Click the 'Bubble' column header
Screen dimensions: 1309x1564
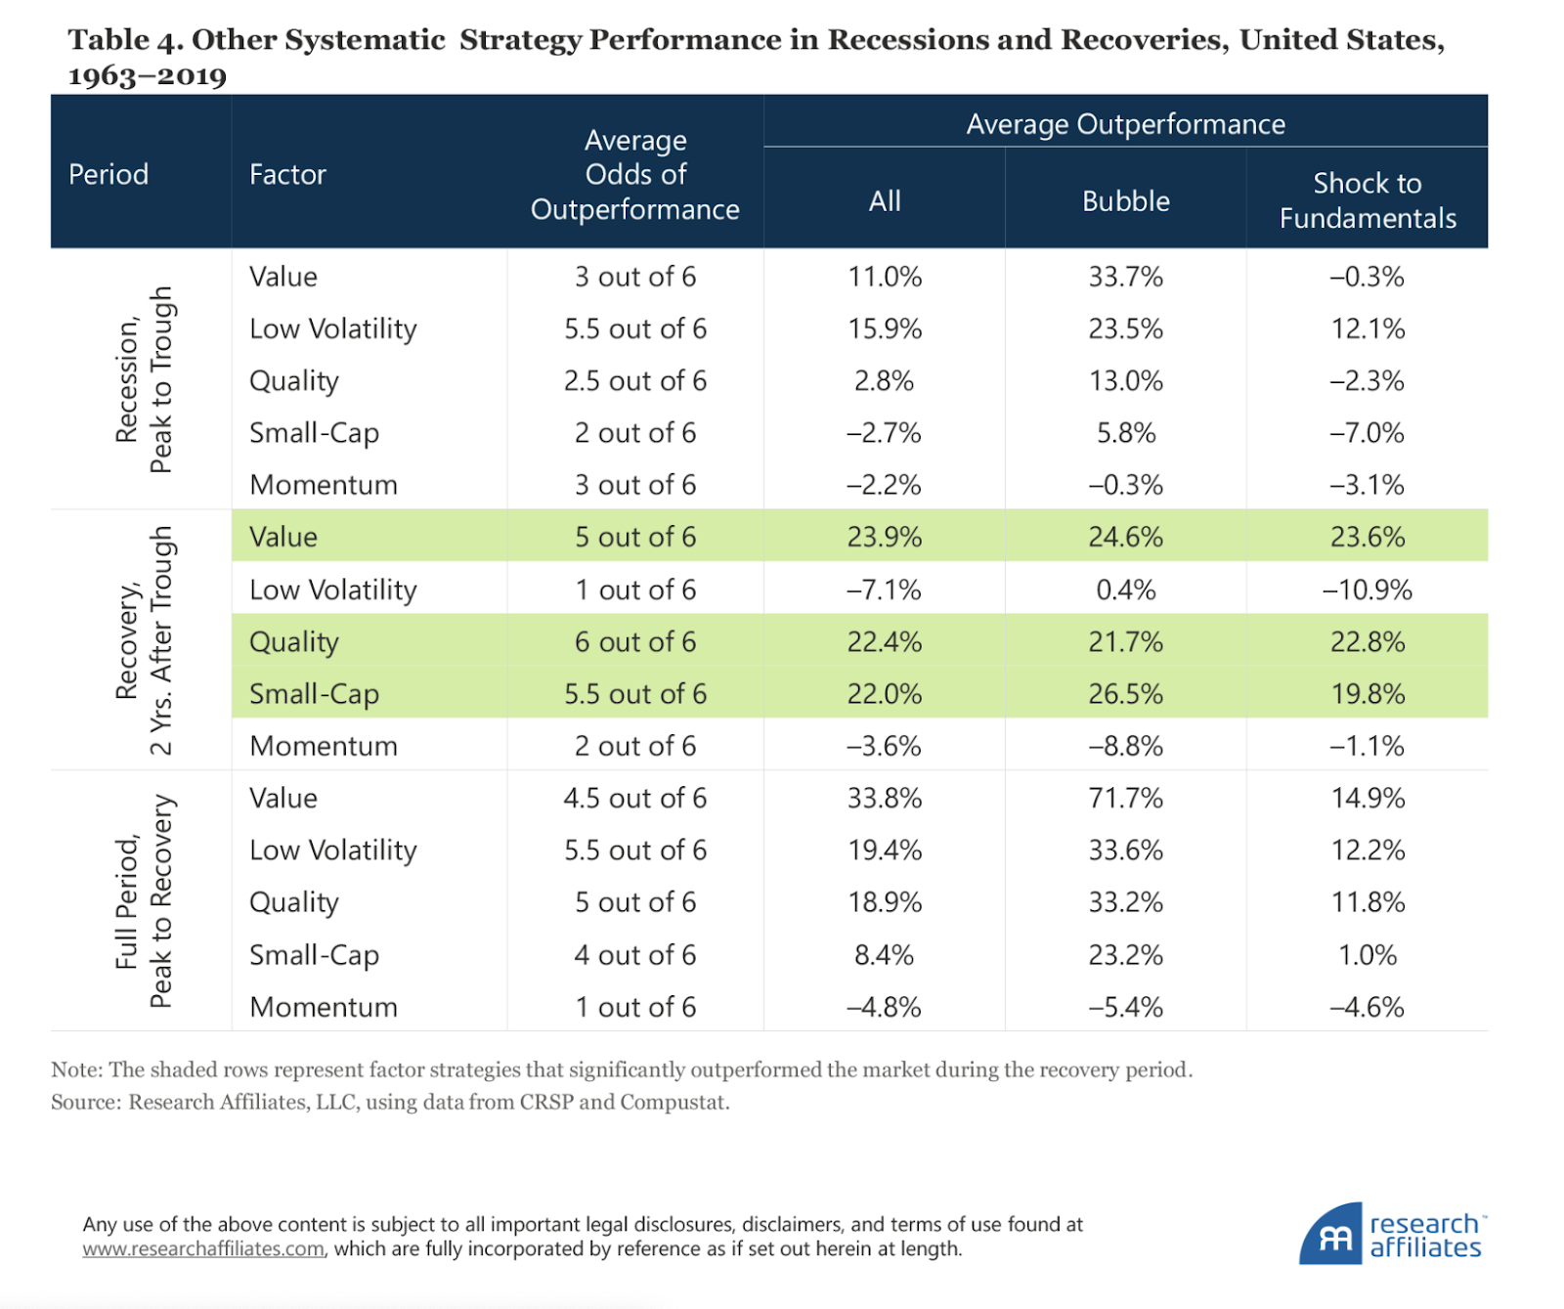1125,200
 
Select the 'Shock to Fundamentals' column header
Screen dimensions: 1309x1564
1367,200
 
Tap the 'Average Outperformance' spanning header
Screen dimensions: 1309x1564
1125,124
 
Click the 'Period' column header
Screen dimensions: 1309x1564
109,174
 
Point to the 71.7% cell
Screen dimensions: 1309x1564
1125,798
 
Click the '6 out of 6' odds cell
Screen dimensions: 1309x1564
635,641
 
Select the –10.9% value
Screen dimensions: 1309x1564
1367,589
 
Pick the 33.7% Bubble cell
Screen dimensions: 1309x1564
1125,277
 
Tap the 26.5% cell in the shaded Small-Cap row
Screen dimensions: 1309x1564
1125,693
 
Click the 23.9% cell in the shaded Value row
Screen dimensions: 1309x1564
884,537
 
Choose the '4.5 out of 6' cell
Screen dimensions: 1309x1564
635,798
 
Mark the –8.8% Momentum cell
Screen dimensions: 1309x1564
1125,746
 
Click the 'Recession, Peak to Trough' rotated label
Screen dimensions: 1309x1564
143,379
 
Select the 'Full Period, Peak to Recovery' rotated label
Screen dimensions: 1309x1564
143,900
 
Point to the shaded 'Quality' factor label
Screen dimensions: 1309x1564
293,641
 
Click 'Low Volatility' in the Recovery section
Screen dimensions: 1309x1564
332,589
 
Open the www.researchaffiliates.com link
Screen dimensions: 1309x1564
203,1249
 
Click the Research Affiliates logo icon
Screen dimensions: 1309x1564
1330,1236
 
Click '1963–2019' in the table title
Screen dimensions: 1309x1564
147,75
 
